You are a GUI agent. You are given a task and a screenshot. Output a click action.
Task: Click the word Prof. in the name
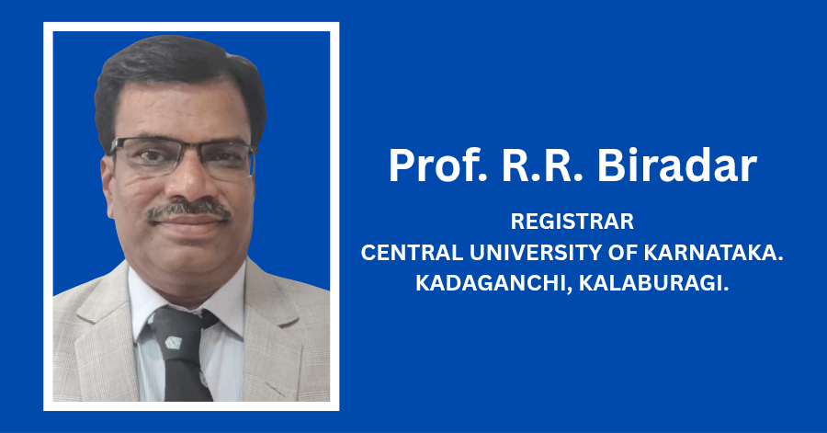(438, 165)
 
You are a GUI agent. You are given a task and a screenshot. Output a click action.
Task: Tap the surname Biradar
(676, 165)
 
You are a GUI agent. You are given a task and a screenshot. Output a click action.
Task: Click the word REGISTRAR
(572, 222)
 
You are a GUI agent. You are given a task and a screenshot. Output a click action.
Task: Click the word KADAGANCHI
(494, 283)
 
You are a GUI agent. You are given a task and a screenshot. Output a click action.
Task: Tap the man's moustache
(188, 210)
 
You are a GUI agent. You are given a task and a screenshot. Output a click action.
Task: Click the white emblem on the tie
(173, 342)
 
